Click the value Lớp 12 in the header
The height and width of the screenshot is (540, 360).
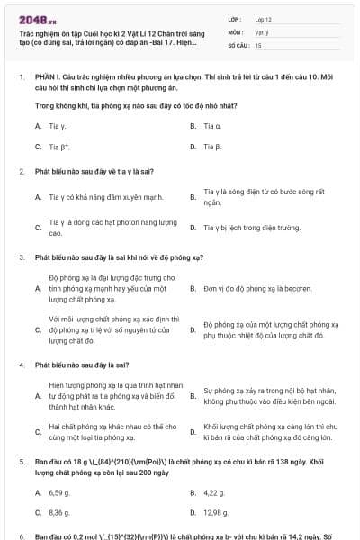pyautogui.click(x=264, y=18)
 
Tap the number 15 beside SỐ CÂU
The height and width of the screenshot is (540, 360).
pyautogui.click(x=258, y=44)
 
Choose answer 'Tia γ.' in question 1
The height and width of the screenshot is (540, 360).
pyautogui.click(x=57, y=126)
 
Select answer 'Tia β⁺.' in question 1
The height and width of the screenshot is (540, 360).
pyautogui.click(x=59, y=145)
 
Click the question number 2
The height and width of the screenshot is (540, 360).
pyautogui.click(x=21, y=170)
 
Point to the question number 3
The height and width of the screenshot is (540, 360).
pyautogui.click(x=21, y=256)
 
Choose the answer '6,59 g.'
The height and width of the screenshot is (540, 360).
pyautogui.click(x=59, y=492)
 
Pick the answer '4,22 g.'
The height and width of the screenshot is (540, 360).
pyautogui.click(x=214, y=492)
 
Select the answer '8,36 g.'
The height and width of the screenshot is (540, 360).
pyautogui.click(x=59, y=511)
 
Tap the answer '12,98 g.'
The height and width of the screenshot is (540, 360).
pyautogui.click(x=216, y=511)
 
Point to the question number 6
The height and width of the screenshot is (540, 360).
pyautogui.click(x=21, y=536)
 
